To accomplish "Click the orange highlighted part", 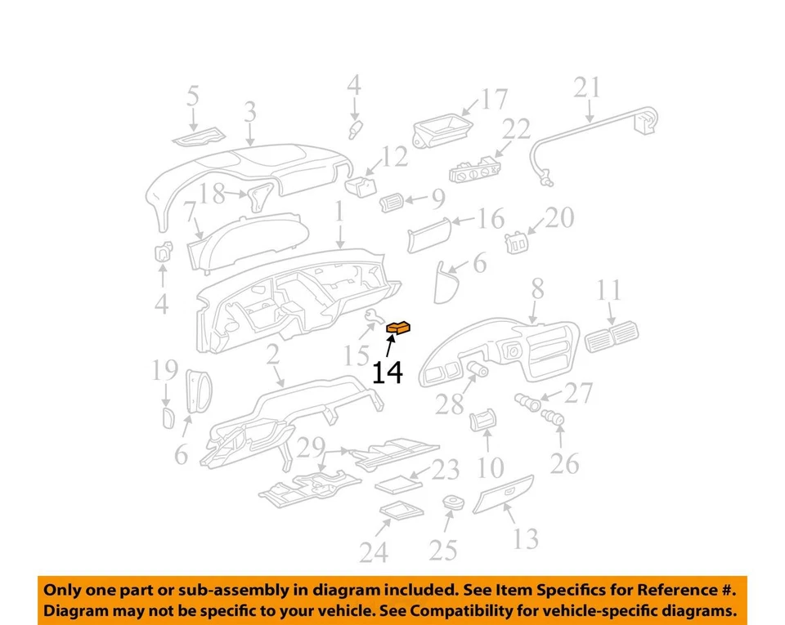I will [398, 328].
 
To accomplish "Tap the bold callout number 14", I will [388, 373].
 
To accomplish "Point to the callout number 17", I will [494, 100].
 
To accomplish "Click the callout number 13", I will [526, 538].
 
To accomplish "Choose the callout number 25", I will [442, 550].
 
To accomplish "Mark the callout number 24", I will [373, 553].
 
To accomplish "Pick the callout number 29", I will [312, 447].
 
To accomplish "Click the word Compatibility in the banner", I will [464, 611].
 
